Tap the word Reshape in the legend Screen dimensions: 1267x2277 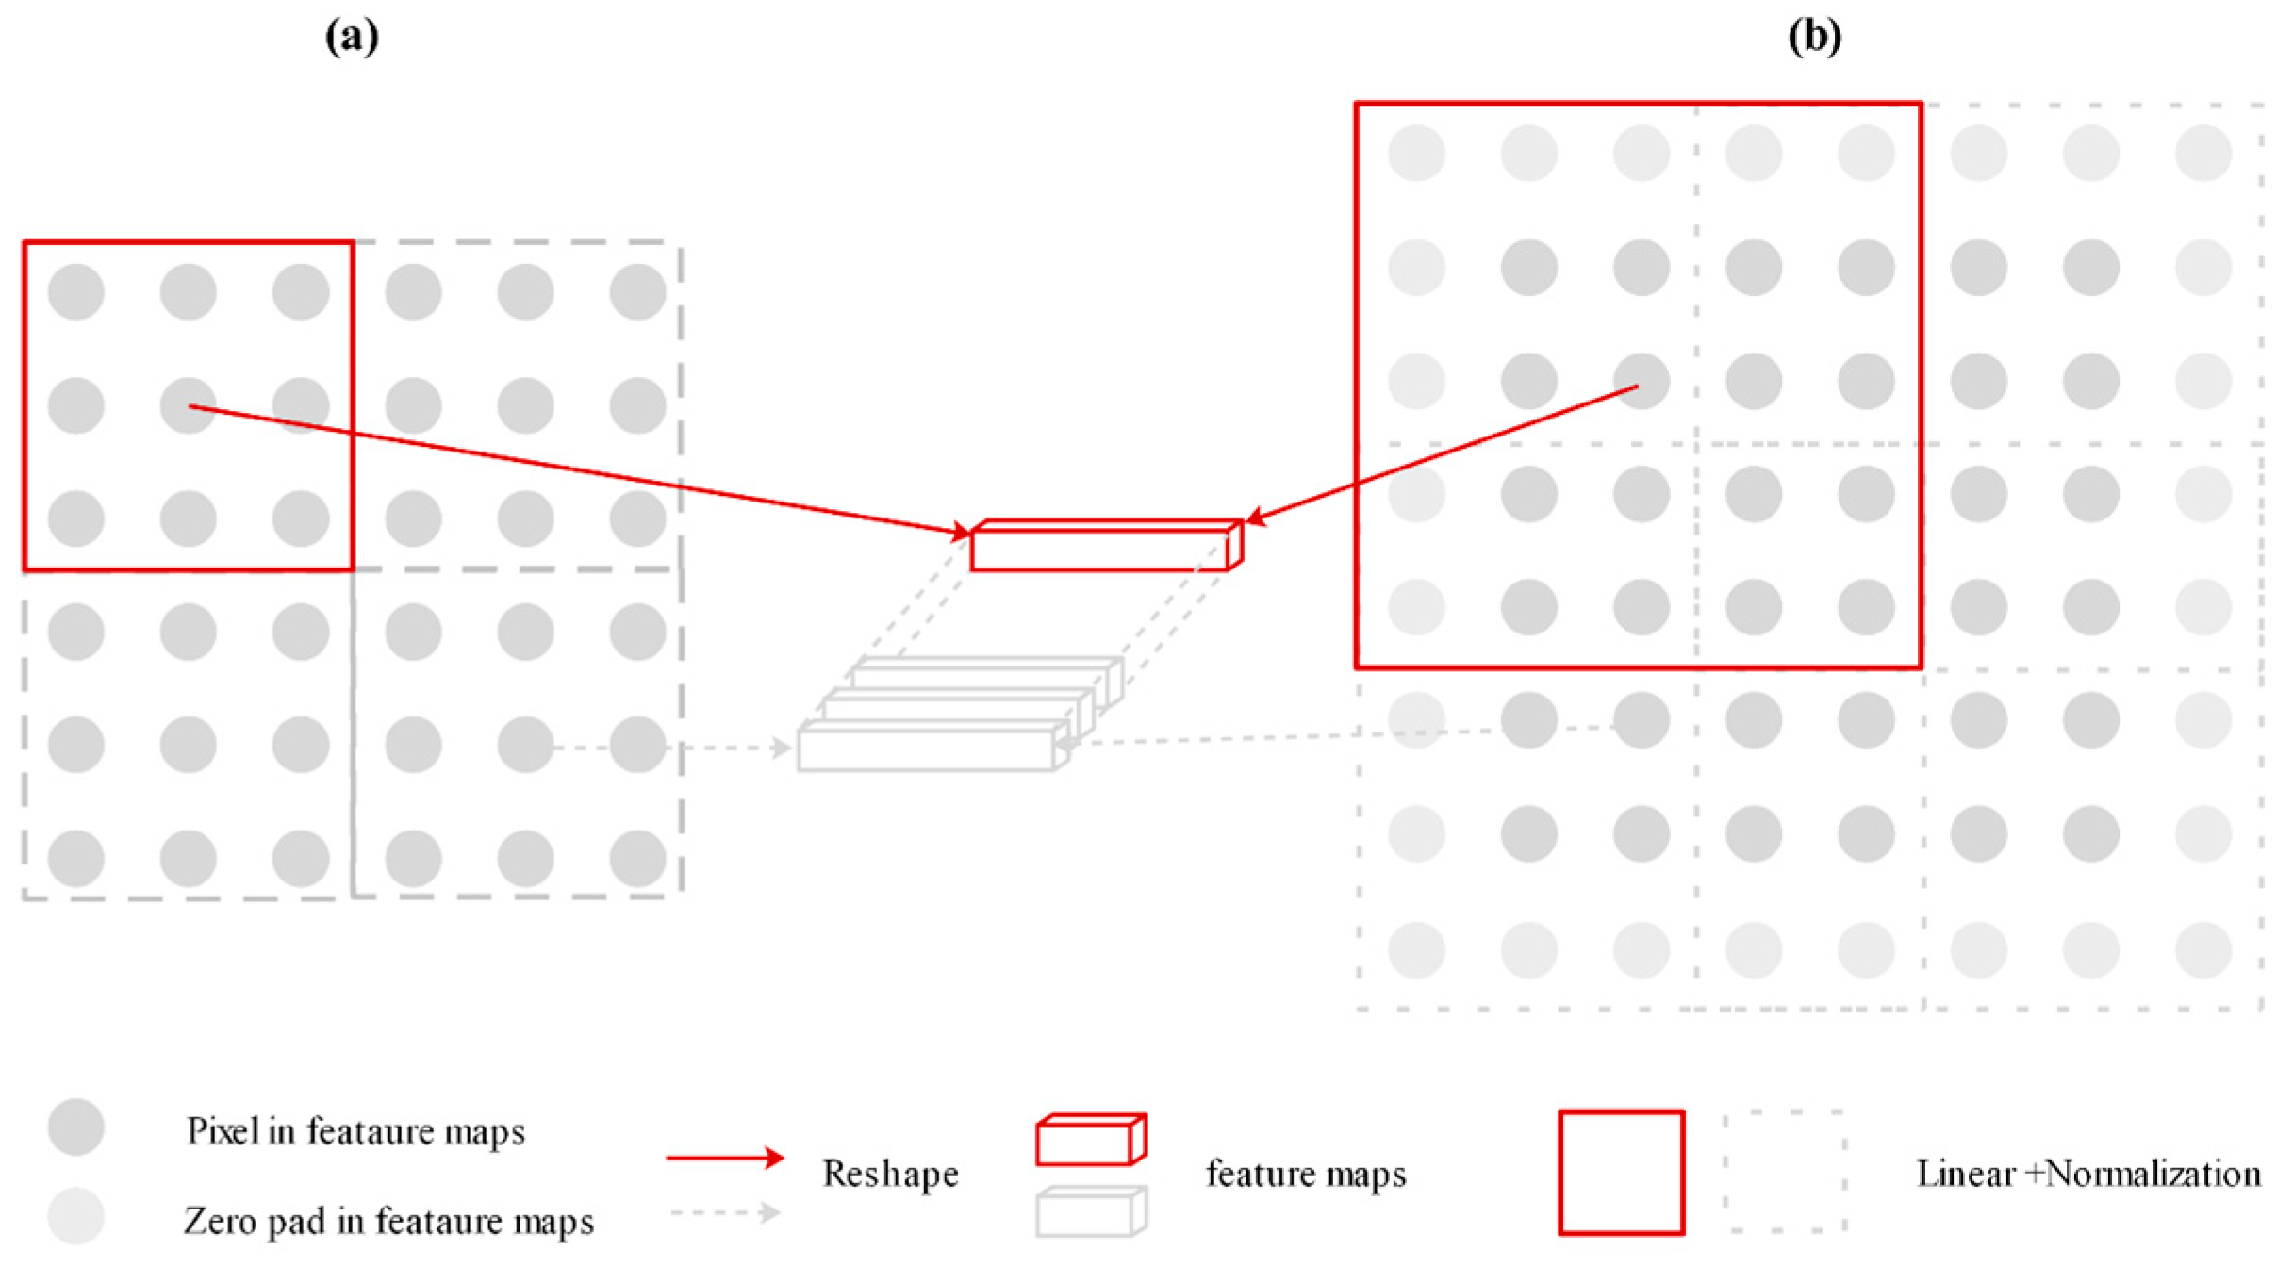[889, 1174]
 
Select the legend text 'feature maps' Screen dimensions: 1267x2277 [1306, 1174]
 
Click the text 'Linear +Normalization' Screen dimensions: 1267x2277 [2088, 1174]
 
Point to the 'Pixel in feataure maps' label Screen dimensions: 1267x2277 [355, 1130]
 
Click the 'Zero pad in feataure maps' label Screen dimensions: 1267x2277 [388, 1221]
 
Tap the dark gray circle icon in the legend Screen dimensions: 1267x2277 [75, 1127]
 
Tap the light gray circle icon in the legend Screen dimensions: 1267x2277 [75, 1216]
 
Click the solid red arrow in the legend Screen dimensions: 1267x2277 [724, 1158]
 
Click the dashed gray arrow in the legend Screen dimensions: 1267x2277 [724, 1212]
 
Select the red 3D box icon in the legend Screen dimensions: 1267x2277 [1090, 1140]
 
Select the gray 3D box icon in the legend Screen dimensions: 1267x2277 [1090, 1212]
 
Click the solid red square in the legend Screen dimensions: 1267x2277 [1621, 1172]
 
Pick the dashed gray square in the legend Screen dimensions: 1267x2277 [1784, 1172]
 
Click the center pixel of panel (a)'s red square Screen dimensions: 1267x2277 [188, 406]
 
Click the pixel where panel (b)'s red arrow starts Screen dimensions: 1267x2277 [1641, 381]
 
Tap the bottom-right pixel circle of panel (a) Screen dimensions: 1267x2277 [637, 858]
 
